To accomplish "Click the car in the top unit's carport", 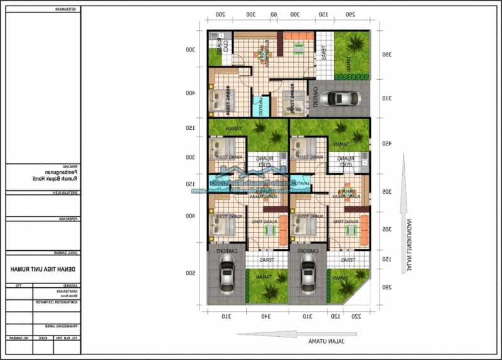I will [x=339, y=98].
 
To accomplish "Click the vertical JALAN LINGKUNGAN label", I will [x=409, y=245].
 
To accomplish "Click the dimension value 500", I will [x=190, y=273].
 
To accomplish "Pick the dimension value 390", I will [x=387, y=55].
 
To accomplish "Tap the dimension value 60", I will [x=274, y=14].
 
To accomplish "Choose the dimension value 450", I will [x=387, y=143].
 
